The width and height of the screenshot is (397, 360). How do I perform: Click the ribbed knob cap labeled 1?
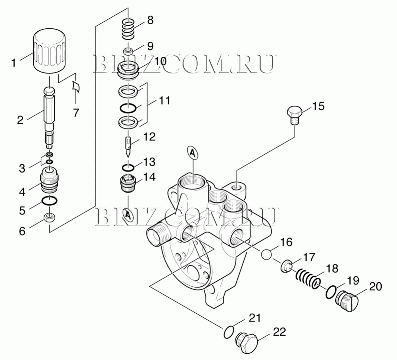(49, 52)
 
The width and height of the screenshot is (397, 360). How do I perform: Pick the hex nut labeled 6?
(50, 218)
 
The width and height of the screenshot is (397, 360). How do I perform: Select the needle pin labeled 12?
(128, 146)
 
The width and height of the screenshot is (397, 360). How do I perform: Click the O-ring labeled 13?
(128, 167)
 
